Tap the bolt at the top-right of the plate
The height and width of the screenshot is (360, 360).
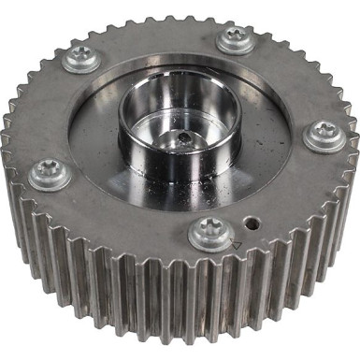(234, 39)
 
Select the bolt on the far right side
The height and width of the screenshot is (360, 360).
(324, 136)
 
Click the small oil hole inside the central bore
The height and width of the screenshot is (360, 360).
(185, 138)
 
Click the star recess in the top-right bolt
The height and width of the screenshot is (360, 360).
(234, 36)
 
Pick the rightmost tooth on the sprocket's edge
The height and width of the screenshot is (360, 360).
(353, 159)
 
